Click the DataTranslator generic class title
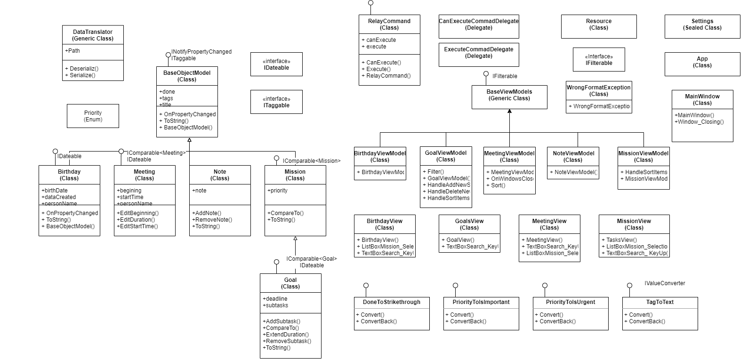coord(93,35)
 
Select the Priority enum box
coord(93,116)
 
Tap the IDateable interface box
coord(276,64)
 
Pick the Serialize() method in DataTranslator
coord(82,75)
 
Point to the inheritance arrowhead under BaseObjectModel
coord(189,140)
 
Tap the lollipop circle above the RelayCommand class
coord(370,3)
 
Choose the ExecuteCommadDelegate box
coord(479,53)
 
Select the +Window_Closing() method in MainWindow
coord(699,122)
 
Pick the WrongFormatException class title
coord(599,90)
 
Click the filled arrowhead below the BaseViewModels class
coord(509,112)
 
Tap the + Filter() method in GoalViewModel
coord(433,172)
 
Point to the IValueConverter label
coord(665,283)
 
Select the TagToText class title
coord(660,302)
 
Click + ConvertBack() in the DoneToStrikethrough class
coord(377,321)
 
